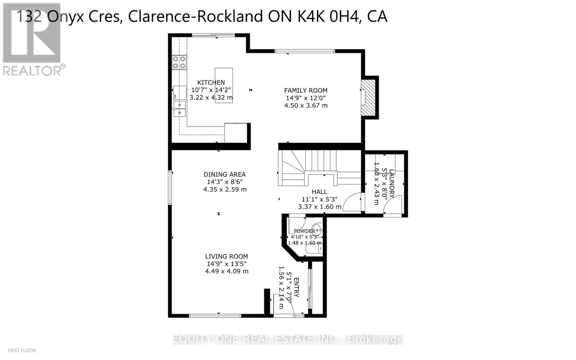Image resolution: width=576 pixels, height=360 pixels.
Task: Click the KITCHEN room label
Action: [211, 82]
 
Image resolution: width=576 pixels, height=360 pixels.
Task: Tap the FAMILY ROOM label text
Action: [306, 90]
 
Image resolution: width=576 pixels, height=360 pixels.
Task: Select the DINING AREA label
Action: [225, 175]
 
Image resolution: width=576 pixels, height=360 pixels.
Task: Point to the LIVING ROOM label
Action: [226, 256]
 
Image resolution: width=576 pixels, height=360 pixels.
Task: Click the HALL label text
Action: [319, 192]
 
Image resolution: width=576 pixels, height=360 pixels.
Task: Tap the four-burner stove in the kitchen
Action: [179, 62]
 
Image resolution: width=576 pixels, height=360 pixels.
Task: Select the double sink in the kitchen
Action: [179, 109]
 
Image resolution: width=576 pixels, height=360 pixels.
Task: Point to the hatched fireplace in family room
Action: [368, 98]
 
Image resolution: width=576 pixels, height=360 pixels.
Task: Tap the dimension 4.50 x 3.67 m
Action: [306, 105]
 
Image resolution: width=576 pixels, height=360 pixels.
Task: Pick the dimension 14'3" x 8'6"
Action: [225, 182]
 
